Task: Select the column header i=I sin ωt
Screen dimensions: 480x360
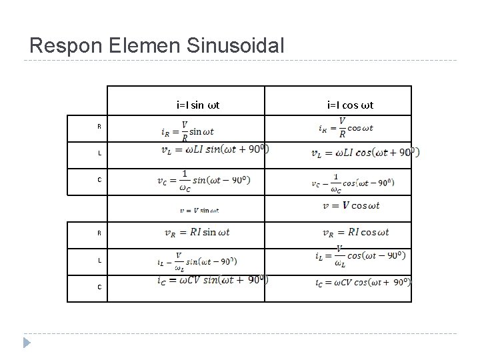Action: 198,105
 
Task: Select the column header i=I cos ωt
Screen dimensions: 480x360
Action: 349,105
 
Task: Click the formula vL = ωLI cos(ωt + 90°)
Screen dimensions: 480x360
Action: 365,153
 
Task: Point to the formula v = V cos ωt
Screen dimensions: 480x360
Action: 351,205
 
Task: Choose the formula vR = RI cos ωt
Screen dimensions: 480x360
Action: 355,232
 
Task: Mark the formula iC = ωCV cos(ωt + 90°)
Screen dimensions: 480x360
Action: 363,283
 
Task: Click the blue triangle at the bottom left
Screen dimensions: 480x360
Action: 27,343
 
